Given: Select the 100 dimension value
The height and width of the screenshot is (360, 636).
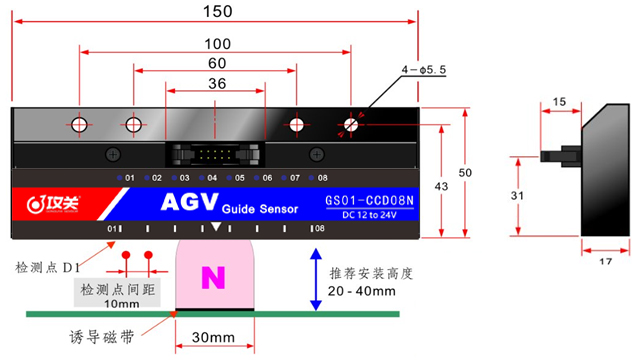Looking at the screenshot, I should (x=216, y=44).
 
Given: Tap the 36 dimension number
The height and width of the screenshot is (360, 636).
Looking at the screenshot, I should (x=216, y=84).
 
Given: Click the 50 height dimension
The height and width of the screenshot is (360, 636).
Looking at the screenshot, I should (x=464, y=172).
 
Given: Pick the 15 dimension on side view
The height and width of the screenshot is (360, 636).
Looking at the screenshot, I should (x=559, y=102).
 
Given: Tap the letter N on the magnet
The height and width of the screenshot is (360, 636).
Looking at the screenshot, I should (x=213, y=277).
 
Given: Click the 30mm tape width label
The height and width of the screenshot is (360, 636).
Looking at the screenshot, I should (x=213, y=337).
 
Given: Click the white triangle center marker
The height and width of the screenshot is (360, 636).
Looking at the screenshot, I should (x=216, y=228).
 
